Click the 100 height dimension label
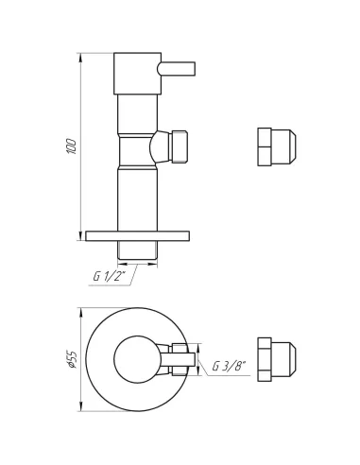(72, 146)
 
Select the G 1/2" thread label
(109, 276)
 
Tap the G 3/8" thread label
(227, 366)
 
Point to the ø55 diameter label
(72, 360)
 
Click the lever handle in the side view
(177, 69)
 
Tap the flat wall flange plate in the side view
(137, 236)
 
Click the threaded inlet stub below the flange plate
(137, 250)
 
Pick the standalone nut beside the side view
(276, 146)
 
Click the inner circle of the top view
(135, 359)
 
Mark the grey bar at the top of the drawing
(120, 48)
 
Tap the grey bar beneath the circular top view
(118, 413)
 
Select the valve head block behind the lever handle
(137, 74)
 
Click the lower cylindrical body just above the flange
(137, 198)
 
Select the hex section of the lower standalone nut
(265, 359)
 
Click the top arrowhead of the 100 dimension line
(78, 49)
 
